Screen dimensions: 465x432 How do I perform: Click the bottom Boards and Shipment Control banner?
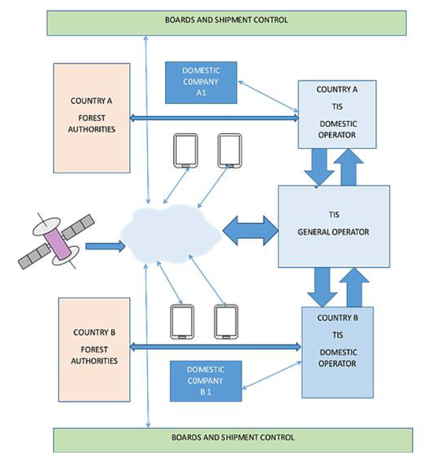232,438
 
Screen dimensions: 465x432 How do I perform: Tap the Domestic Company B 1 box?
206,381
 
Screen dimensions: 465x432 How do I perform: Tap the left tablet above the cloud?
186,151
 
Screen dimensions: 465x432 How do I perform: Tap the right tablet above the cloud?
229,151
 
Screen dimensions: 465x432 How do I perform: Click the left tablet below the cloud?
181,322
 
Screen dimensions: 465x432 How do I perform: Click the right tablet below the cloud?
226,322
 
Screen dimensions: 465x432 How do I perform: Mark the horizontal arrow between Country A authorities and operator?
214,118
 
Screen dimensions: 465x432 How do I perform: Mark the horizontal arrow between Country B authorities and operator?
214,347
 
